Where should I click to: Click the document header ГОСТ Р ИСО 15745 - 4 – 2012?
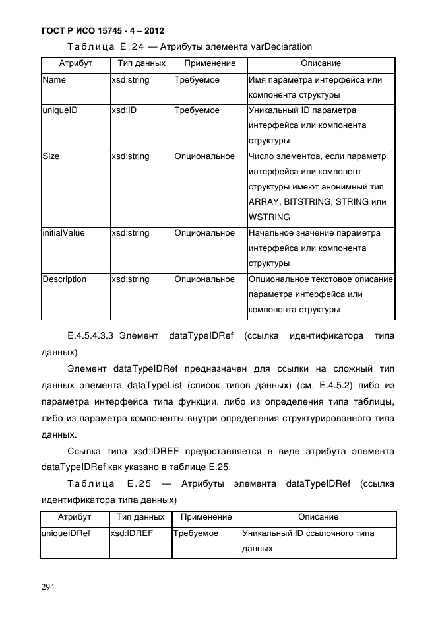tap(102, 31)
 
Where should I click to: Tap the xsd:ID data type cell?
tap(124, 110)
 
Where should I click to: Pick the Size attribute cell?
tap(50, 156)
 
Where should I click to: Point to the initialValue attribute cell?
tap(64, 233)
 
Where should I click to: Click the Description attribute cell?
tap(64, 279)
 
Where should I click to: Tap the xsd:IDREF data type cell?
tap(132, 533)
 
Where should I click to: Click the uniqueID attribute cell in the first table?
tap(60, 110)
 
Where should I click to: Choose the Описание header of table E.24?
tap(321, 64)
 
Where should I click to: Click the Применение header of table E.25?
tap(206, 517)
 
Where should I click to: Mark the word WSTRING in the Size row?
tap(269, 217)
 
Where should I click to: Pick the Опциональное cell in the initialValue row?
tap(204, 233)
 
